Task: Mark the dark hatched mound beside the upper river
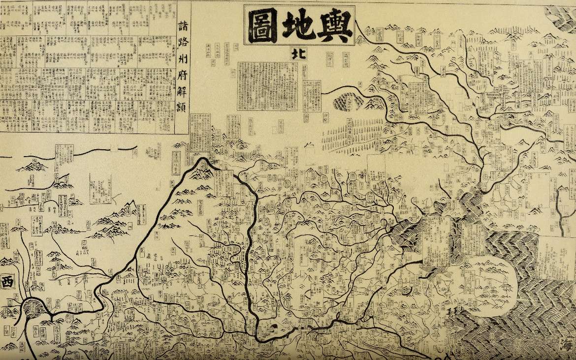tap(345, 101)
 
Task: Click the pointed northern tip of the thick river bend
tap(200, 159)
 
